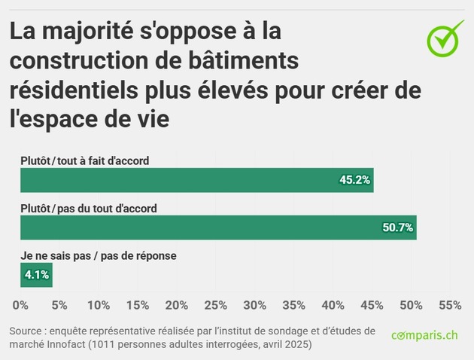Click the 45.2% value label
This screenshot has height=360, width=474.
[x=354, y=181]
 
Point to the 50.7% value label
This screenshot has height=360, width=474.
[x=397, y=227]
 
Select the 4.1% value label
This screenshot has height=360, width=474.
[x=37, y=275]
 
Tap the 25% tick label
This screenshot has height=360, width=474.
[x=216, y=305]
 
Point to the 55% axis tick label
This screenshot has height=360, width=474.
[x=449, y=305]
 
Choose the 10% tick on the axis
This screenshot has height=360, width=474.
[x=99, y=305]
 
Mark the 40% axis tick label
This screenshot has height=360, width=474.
[x=333, y=305]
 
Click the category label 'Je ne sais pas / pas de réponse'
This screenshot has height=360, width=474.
[x=98, y=256]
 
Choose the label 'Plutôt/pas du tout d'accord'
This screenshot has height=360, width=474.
[x=89, y=209]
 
